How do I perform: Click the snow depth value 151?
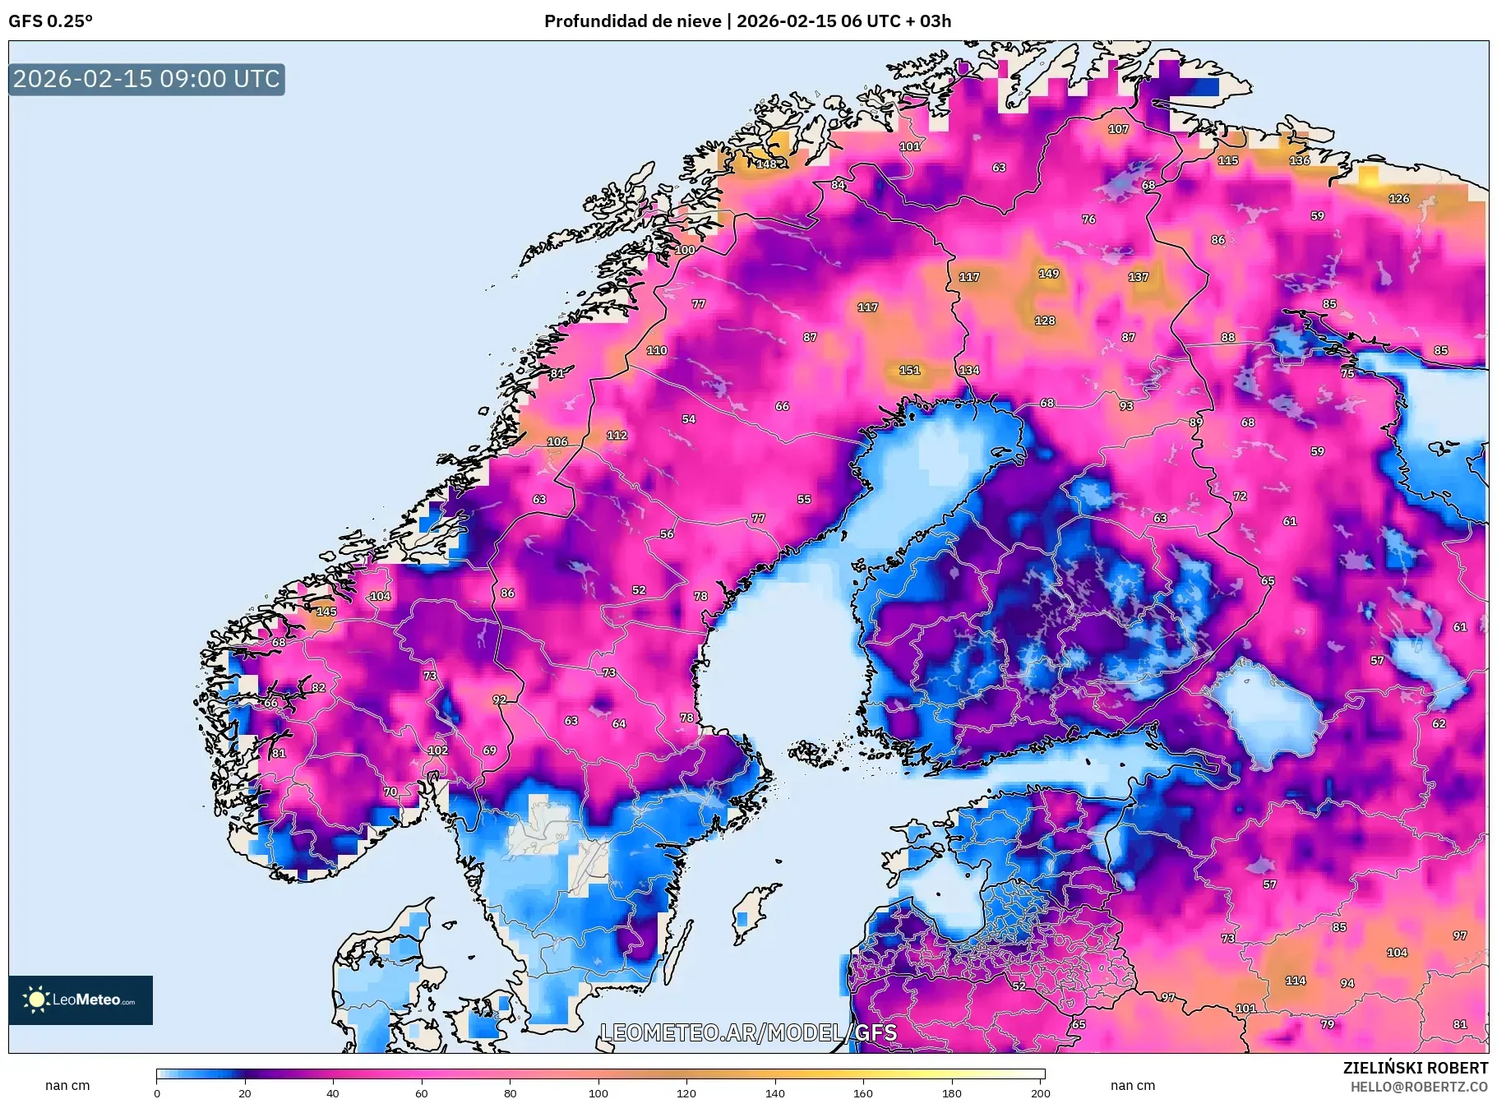tap(909, 370)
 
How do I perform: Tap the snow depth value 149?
tap(1048, 274)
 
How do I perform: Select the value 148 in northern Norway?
tap(766, 164)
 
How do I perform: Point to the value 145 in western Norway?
tap(326, 612)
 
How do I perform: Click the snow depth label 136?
tap(1300, 160)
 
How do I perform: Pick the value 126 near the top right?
tap(1398, 199)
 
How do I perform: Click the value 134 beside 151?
tap(969, 370)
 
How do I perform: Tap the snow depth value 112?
tap(617, 436)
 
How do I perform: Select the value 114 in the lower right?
tap(1296, 981)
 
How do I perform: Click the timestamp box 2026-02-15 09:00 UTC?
tap(146, 79)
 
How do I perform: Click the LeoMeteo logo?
tap(81, 1000)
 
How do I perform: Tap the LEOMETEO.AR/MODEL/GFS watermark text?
tap(748, 1032)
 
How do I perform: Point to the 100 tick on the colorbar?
tap(598, 1092)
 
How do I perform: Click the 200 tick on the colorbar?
tap(1040, 1092)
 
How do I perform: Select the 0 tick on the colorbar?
tap(157, 1092)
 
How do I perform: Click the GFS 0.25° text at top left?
tap(51, 21)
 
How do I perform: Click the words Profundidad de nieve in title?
tap(632, 21)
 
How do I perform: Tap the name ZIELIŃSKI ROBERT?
tap(1415, 1068)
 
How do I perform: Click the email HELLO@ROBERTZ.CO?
tap(1418, 1087)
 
